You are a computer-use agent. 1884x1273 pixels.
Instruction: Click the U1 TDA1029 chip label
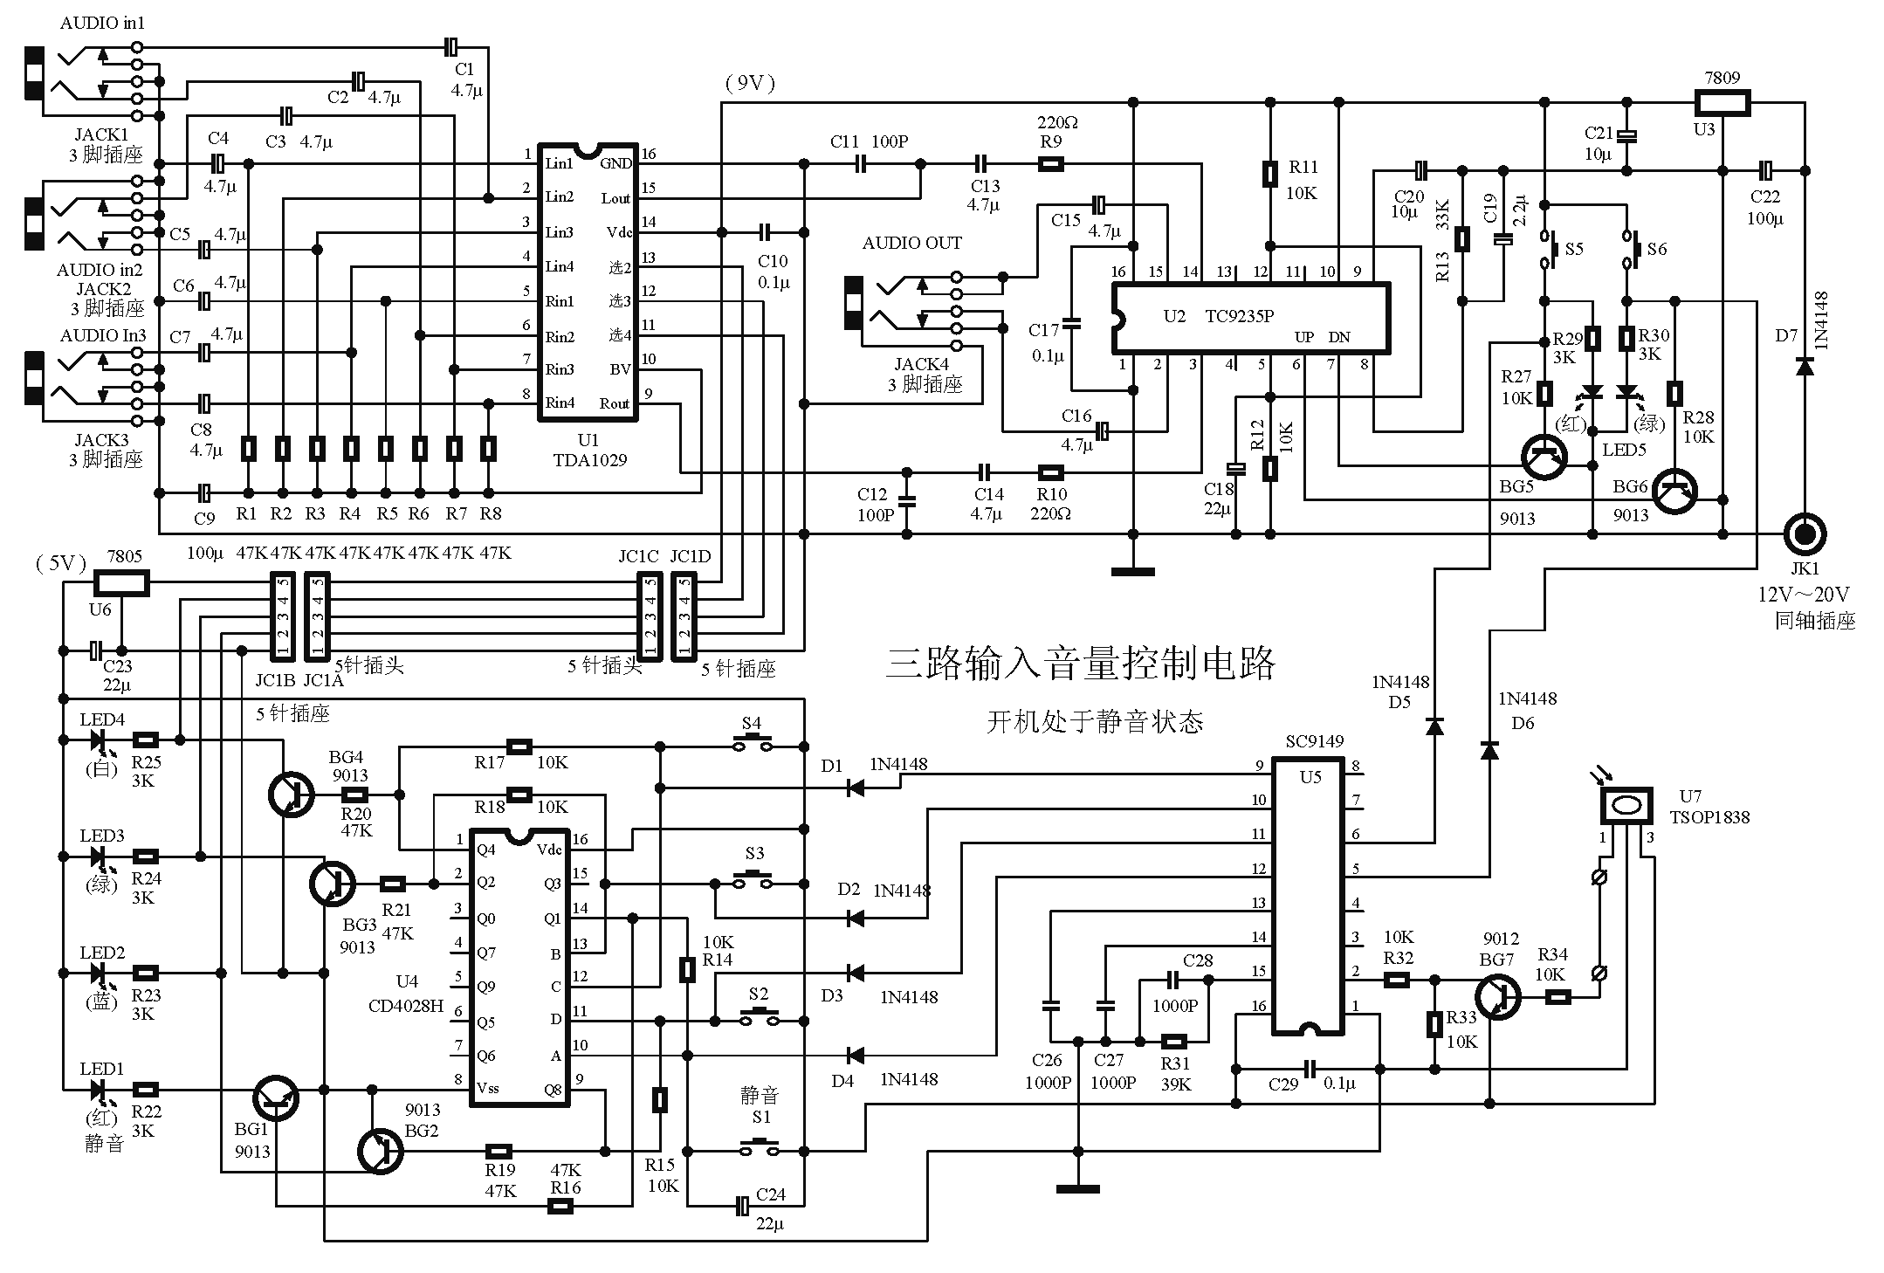(589, 451)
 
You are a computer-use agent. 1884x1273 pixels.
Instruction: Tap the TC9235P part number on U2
(1240, 316)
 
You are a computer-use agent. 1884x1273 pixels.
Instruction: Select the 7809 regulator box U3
(1722, 103)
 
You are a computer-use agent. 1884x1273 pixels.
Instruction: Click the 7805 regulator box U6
(121, 583)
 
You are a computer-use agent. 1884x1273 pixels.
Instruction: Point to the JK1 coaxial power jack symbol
(1805, 533)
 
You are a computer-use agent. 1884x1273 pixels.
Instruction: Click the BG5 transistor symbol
(1544, 457)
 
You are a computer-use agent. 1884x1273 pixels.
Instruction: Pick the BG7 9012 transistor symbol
(1498, 996)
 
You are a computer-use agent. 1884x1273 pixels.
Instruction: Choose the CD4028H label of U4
(405, 1005)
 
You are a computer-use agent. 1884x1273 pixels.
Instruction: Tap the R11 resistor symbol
(1270, 174)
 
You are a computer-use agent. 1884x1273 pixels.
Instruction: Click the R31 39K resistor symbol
(1175, 1041)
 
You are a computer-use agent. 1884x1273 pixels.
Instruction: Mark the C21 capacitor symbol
(1626, 136)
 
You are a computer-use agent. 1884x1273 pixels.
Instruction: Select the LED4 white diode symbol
(98, 740)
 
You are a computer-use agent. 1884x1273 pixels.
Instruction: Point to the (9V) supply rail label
(750, 83)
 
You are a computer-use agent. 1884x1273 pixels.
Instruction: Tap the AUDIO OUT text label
(911, 243)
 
